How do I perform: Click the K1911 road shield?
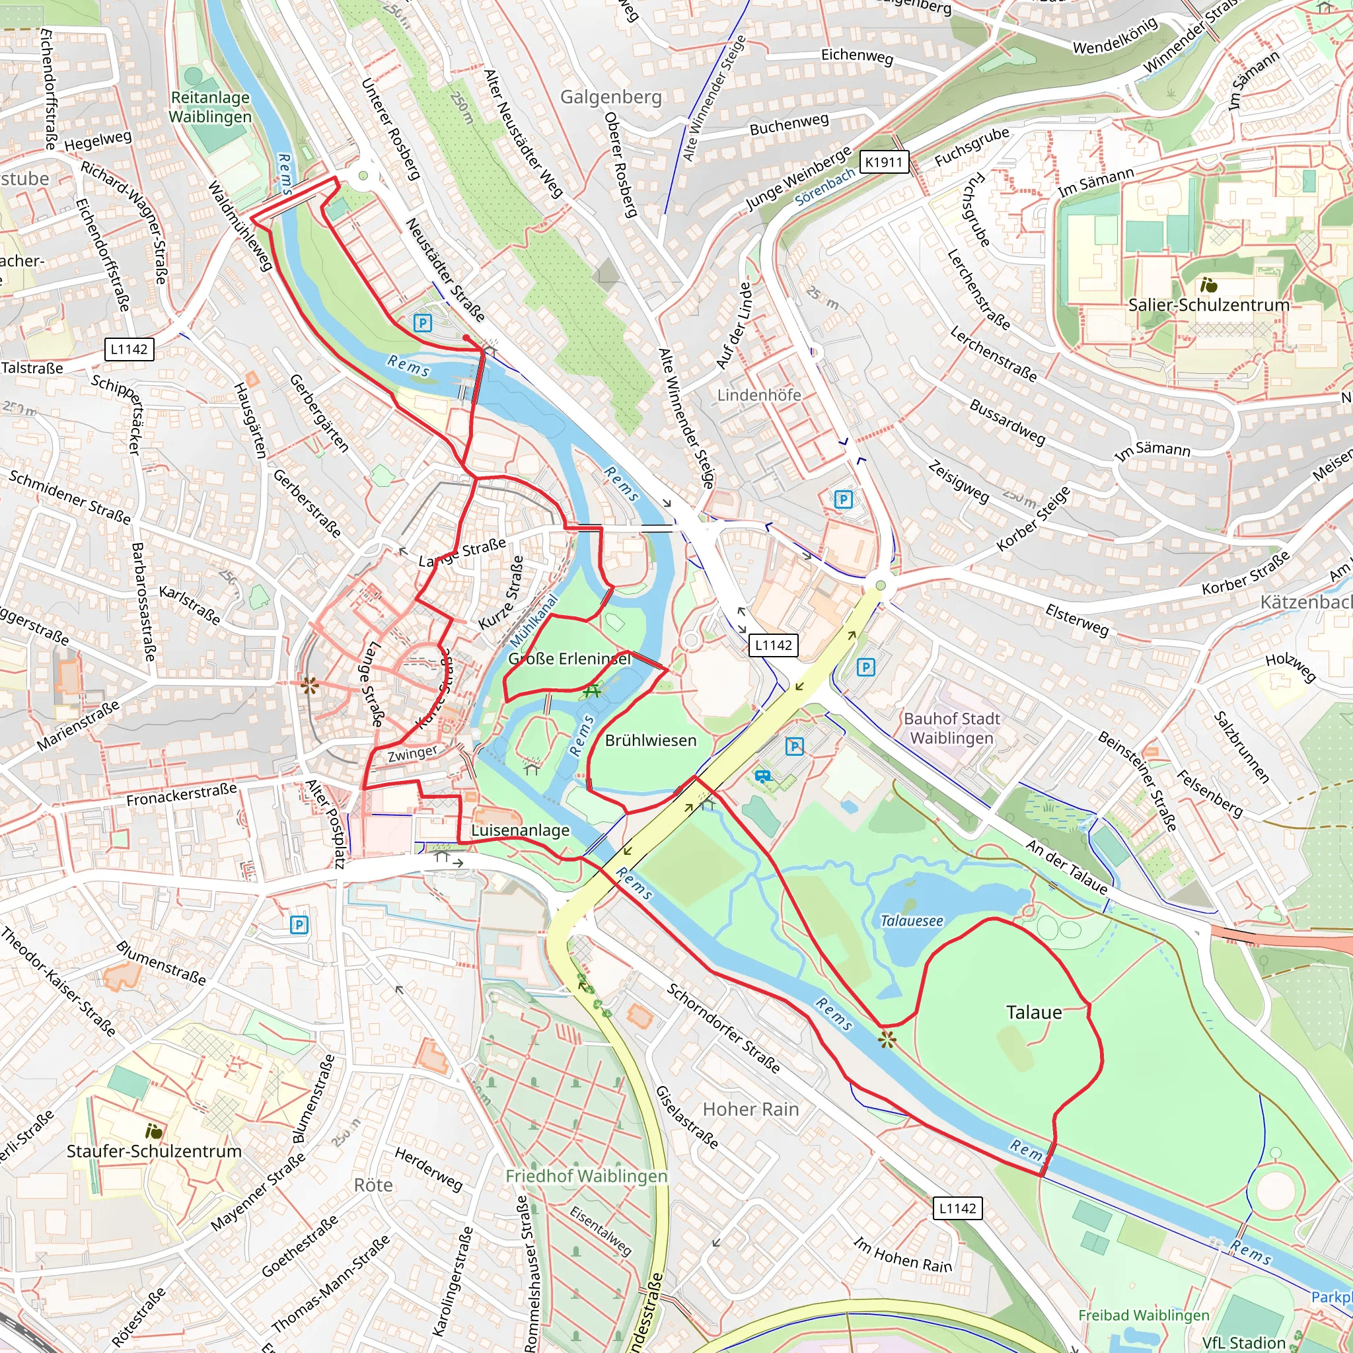(x=884, y=163)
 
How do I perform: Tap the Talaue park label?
(x=1034, y=1013)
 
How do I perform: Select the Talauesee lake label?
(x=911, y=921)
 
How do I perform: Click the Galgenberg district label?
(x=610, y=96)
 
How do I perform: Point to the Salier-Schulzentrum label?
(x=1208, y=305)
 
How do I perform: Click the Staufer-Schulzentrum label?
(x=154, y=1151)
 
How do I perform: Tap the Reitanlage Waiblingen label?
(x=210, y=107)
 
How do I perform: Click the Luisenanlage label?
(x=520, y=830)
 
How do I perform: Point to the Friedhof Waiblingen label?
(x=586, y=1176)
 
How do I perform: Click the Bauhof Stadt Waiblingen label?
(x=951, y=727)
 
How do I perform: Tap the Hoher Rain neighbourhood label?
(x=750, y=1109)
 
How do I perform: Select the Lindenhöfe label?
(x=758, y=395)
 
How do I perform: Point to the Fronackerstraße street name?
(x=182, y=795)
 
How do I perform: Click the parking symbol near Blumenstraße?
(x=299, y=925)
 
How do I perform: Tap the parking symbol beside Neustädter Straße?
(x=422, y=323)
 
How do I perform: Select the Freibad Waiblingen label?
(x=1143, y=1315)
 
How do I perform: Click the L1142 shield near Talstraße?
(x=129, y=349)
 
